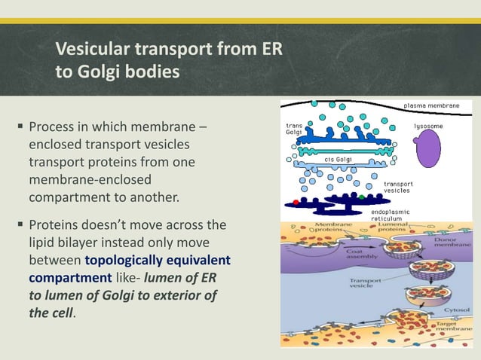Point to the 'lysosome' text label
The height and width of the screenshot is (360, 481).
(429, 126)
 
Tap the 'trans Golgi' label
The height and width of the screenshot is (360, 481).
(294, 129)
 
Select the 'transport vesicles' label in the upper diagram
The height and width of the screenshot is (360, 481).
(397, 187)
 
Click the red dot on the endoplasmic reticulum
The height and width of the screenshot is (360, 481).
(296, 202)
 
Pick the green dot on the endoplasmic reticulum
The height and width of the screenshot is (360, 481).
(363, 197)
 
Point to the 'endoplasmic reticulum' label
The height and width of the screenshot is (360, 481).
(391, 215)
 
